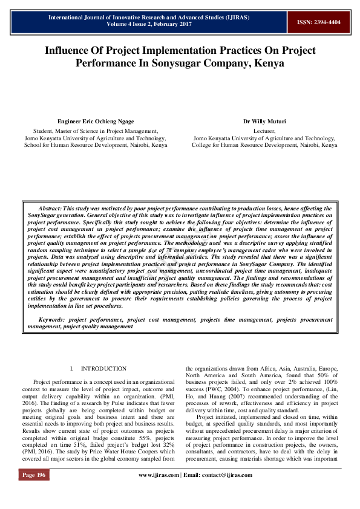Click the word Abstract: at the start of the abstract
pyautogui.click(x=50, y=207)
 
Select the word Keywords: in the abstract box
pyautogui.click(x=52, y=319)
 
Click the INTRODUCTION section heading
pyautogui.click(x=103, y=368)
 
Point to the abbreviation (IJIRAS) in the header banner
pyautogui.click(x=236, y=18)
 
